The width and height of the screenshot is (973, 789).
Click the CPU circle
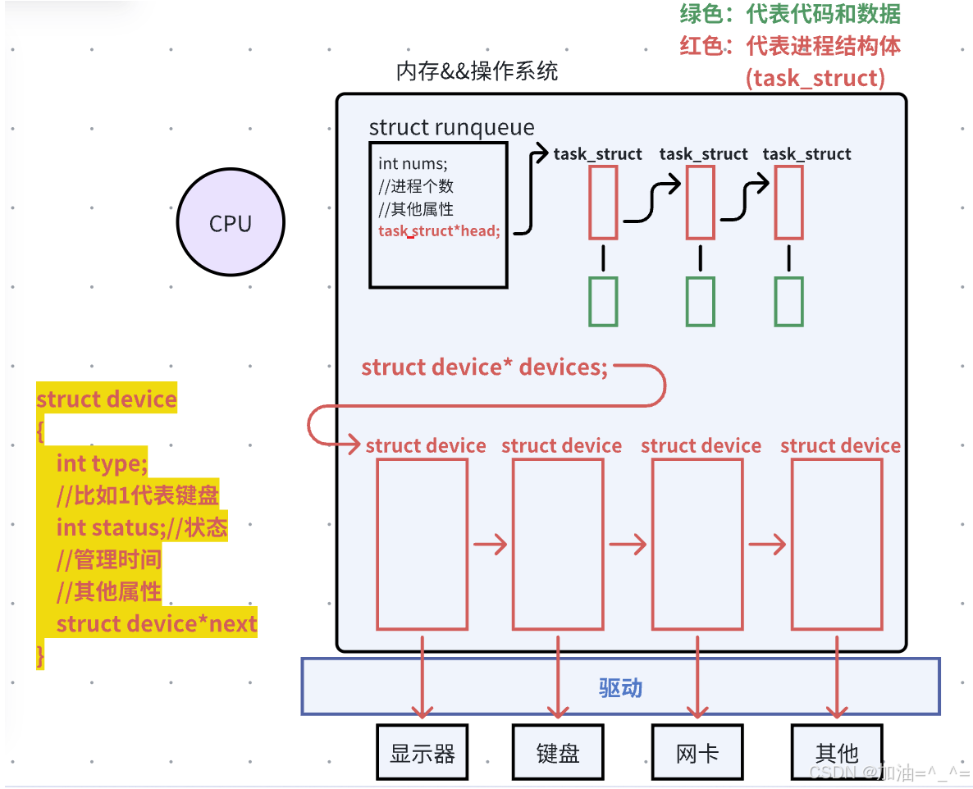(x=231, y=223)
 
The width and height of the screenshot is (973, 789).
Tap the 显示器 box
(x=423, y=751)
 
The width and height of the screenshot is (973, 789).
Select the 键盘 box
(x=558, y=751)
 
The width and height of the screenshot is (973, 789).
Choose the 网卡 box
(x=697, y=751)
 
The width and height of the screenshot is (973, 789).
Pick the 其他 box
(x=837, y=751)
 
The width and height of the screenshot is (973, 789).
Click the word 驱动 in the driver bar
(x=620, y=687)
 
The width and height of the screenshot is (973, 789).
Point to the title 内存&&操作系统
(x=477, y=71)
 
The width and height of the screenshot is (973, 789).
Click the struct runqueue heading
(x=451, y=127)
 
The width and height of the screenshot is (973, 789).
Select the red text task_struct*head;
(x=439, y=231)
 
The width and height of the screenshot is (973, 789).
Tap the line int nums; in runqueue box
(x=413, y=163)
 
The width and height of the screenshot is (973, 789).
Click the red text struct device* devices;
(x=485, y=367)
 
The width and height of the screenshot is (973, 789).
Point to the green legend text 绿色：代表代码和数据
(x=790, y=14)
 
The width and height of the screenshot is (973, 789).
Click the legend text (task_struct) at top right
(x=815, y=79)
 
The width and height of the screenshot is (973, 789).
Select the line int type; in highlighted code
(x=102, y=463)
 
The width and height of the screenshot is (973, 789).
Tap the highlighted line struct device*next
(x=157, y=624)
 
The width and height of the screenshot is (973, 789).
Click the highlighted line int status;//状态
(x=142, y=527)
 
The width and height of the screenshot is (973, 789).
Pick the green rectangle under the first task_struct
(x=603, y=301)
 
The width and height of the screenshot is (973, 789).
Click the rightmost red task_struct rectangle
(x=789, y=203)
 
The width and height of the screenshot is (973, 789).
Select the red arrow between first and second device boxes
(x=491, y=545)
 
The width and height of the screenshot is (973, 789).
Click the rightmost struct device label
(x=840, y=445)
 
